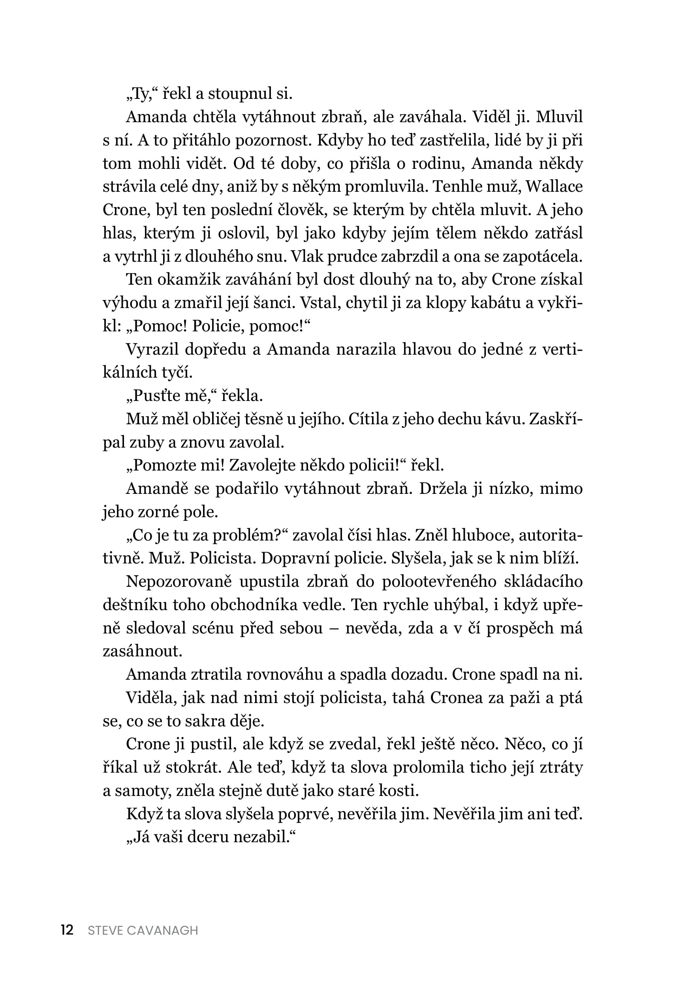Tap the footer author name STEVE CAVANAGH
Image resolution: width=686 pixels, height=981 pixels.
(143, 930)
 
